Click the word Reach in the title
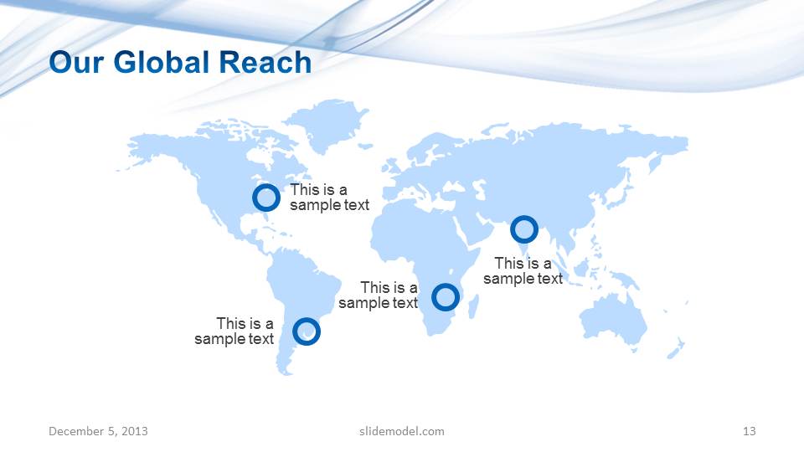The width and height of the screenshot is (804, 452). (x=265, y=63)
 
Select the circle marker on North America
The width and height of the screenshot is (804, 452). (x=266, y=198)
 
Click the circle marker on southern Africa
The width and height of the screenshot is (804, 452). (x=445, y=296)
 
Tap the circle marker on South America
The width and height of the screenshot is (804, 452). (x=307, y=331)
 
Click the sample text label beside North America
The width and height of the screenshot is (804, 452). (x=328, y=198)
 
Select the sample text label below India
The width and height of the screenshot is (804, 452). (x=523, y=271)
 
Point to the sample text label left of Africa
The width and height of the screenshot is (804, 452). (x=379, y=295)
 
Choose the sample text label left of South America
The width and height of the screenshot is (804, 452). (x=234, y=331)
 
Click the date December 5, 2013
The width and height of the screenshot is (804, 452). (x=98, y=431)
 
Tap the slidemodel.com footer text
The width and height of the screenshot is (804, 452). (x=401, y=431)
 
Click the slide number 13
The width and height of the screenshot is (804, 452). (x=749, y=431)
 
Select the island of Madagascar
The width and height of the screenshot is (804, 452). (x=473, y=306)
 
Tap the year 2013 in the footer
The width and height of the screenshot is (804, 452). (x=134, y=431)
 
